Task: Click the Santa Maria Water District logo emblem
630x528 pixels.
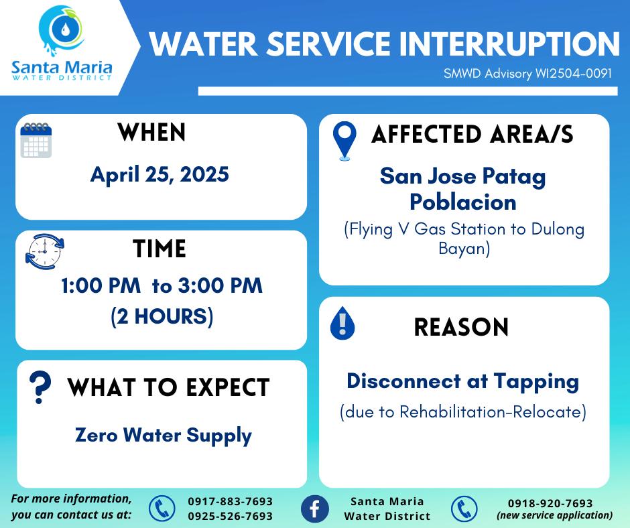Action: click(x=62, y=30)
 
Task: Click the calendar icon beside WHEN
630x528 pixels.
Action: click(x=36, y=140)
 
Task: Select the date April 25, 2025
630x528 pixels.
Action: click(x=160, y=175)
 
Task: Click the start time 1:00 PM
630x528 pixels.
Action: click(x=101, y=285)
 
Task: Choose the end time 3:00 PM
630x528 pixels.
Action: click(x=220, y=285)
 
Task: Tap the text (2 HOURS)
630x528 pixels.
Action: click(x=162, y=316)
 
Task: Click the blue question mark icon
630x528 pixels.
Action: click(x=40, y=387)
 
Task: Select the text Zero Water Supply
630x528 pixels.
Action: click(x=164, y=436)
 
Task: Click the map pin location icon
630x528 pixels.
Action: click(x=344, y=141)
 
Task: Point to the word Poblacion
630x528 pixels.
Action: click(x=463, y=202)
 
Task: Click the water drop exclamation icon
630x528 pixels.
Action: click(x=342, y=323)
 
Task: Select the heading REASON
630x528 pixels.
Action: click(x=461, y=327)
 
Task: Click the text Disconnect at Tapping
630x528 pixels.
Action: click(x=463, y=382)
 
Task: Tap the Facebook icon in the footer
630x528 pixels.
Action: click(x=315, y=509)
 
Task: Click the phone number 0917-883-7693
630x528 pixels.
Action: click(x=231, y=501)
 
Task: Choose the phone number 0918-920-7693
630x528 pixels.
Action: click(x=550, y=503)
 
